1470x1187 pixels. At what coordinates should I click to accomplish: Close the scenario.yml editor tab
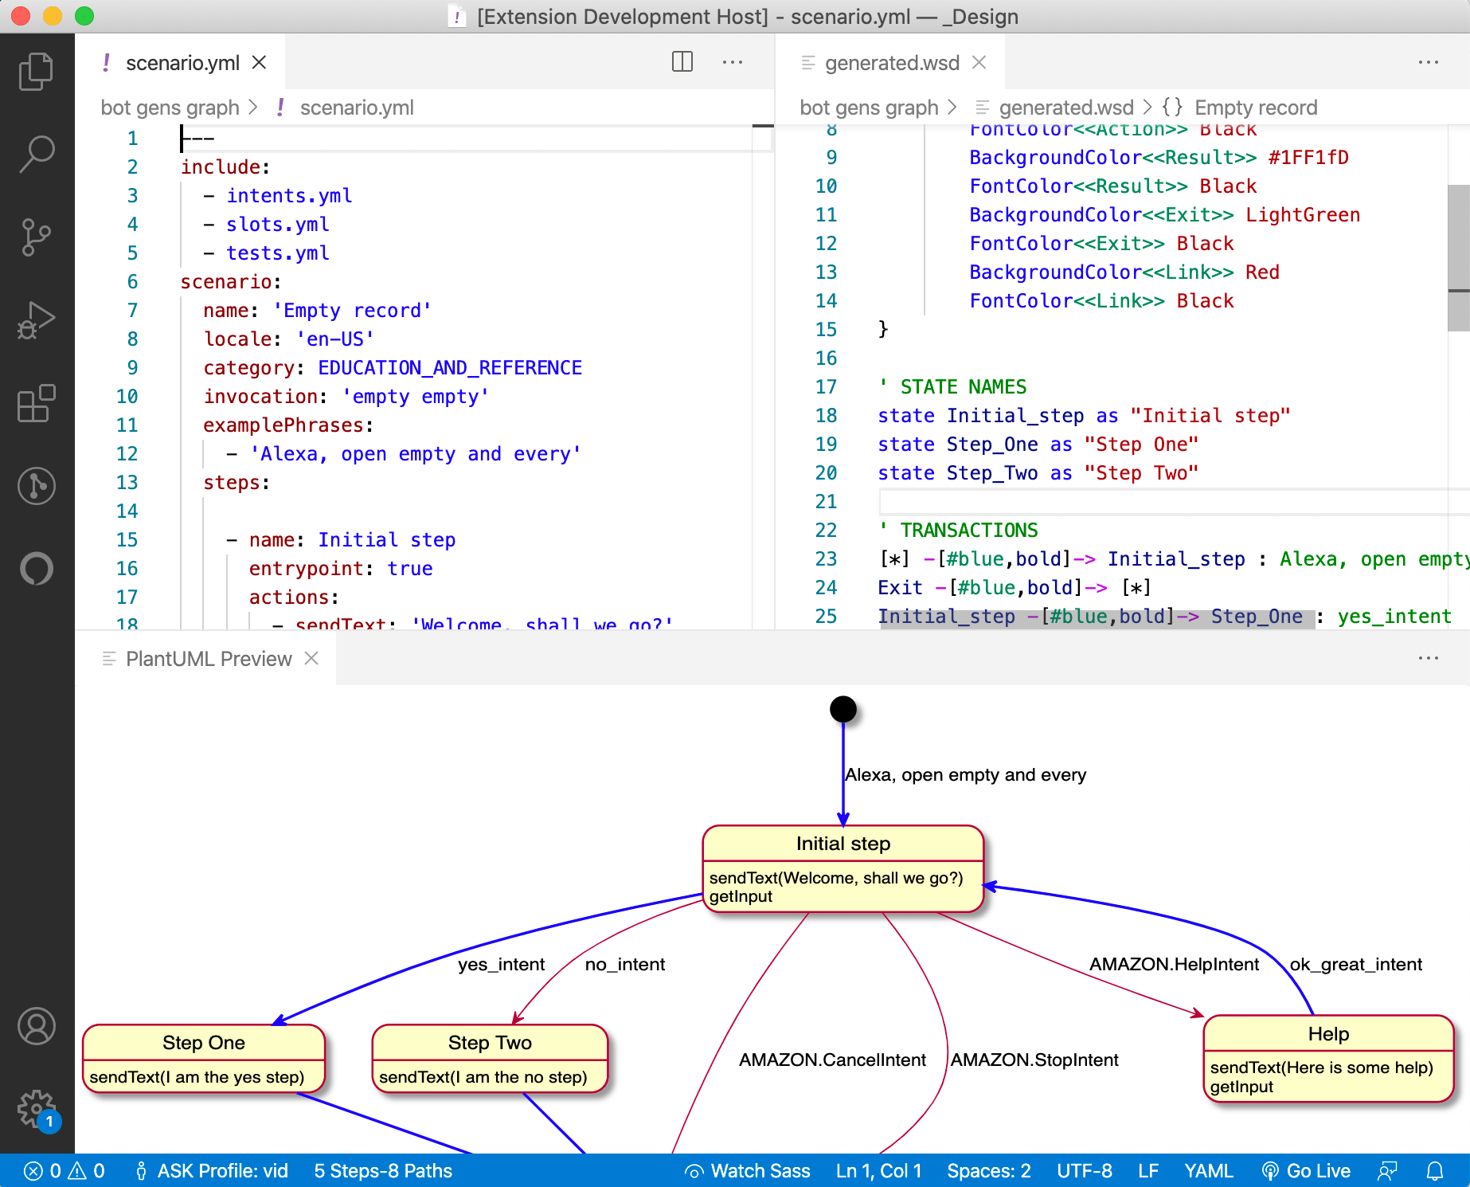pyautogui.click(x=259, y=62)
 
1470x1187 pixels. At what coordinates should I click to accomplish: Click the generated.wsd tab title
pyautogui.click(x=891, y=63)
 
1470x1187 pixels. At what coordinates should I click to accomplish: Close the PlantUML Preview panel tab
pyautogui.click(x=311, y=658)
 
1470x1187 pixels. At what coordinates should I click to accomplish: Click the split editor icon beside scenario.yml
pyautogui.click(x=682, y=62)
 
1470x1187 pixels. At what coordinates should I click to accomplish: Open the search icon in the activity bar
pyautogui.click(x=37, y=153)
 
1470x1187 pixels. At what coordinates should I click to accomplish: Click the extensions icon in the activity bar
pyautogui.click(x=37, y=403)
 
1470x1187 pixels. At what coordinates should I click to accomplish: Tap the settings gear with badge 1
pyautogui.click(x=37, y=1107)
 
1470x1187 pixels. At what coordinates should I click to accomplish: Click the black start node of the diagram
pyautogui.click(x=843, y=709)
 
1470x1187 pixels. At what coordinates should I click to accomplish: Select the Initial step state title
pyautogui.click(x=843, y=844)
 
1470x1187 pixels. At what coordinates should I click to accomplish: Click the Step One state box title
pyautogui.click(x=203, y=1043)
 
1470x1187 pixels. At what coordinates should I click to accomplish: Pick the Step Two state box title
pyautogui.click(x=489, y=1043)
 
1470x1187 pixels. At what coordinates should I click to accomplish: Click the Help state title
pyautogui.click(x=1327, y=1034)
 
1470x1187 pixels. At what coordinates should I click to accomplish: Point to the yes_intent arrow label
pyautogui.click(x=501, y=965)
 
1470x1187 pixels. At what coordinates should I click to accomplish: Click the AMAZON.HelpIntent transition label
pyautogui.click(x=1174, y=965)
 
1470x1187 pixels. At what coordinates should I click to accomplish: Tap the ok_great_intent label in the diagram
pyautogui.click(x=1355, y=965)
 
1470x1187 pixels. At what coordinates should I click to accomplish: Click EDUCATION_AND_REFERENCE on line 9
pyautogui.click(x=449, y=368)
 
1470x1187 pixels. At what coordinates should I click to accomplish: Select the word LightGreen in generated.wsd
pyautogui.click(x=1302, y=215)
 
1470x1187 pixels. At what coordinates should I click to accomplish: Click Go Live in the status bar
pyautogui.click(x=1308, y=1171)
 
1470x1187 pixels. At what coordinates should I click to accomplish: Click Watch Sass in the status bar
pyautogui.click(x=749, y=1171)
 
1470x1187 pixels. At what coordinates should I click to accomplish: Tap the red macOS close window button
pyautogui.click(x=21, y=16)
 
